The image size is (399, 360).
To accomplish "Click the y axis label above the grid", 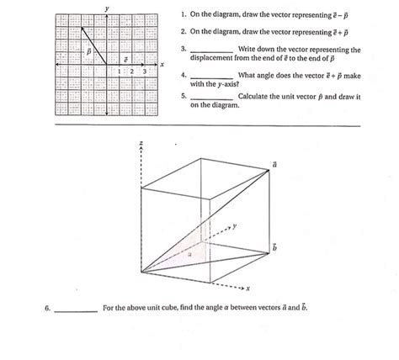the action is click(107, 8).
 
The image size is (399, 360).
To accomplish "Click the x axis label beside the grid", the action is click(161, 64).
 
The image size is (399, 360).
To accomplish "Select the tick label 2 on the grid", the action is click(132, 71).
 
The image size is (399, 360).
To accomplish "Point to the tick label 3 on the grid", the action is click(145, 71).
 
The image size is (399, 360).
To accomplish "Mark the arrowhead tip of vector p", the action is click(81, 25).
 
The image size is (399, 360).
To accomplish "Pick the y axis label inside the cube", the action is click(235, 225).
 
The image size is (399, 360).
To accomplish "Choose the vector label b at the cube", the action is click(274, 246).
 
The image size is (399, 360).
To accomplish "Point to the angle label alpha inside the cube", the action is click(190, 251).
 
